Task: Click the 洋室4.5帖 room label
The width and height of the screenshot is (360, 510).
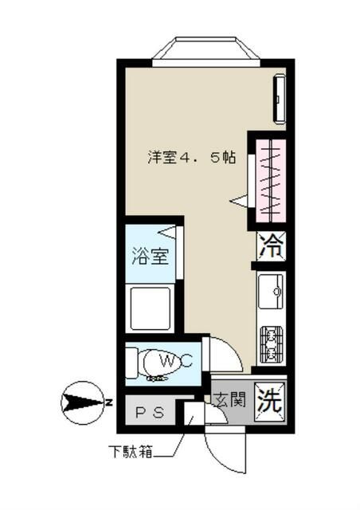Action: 191,157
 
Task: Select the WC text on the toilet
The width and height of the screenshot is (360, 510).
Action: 175,361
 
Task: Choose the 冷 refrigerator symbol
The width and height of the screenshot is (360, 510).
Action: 271,245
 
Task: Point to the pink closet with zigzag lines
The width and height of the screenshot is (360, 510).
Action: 269,180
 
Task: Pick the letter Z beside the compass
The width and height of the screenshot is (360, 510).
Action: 108,402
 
